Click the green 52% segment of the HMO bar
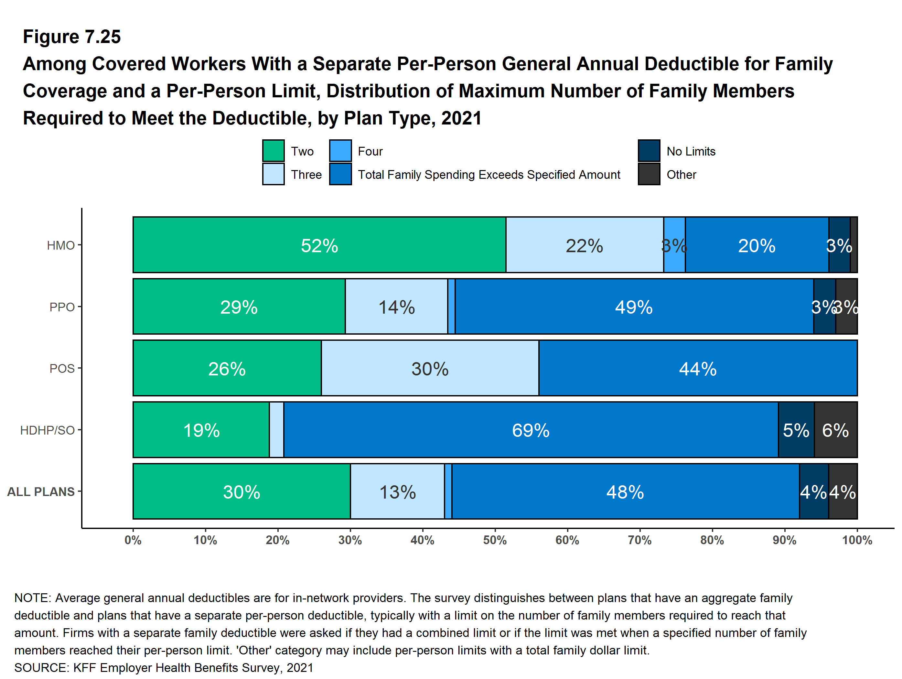(319, 245)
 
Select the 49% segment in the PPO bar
(634, 307)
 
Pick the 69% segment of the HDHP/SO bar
(531, 430)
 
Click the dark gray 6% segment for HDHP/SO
(835, 430)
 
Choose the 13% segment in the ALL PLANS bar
(397, 491)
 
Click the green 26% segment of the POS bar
(227, 368)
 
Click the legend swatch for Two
(273, 151)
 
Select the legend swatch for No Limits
(649, 151)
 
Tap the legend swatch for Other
(649, 174)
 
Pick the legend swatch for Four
(340, 151)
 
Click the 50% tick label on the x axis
(495, 540)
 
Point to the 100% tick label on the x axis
(857, 540)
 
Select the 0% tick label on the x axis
(133, 540)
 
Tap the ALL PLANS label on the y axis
(41, 492)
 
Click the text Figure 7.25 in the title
(72, 37)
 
